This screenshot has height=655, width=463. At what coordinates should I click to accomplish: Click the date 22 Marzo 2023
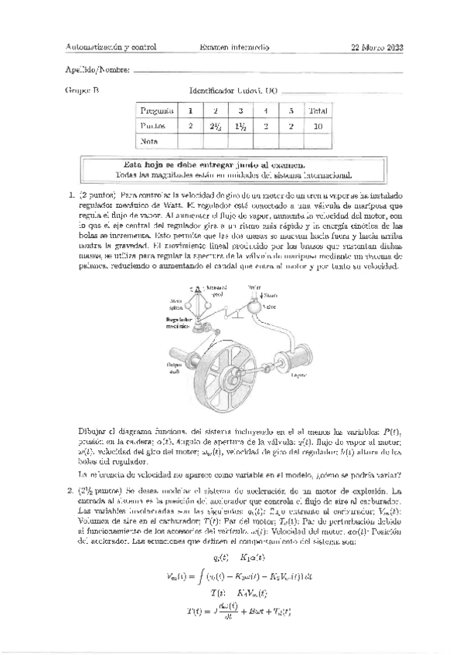(x=377, y=47)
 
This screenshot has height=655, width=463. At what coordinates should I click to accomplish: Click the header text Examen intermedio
(x=234, y=47)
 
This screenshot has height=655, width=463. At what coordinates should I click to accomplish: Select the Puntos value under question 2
(x=216, y=126)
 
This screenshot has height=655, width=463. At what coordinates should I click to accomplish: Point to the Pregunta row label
(x=155, y=111)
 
